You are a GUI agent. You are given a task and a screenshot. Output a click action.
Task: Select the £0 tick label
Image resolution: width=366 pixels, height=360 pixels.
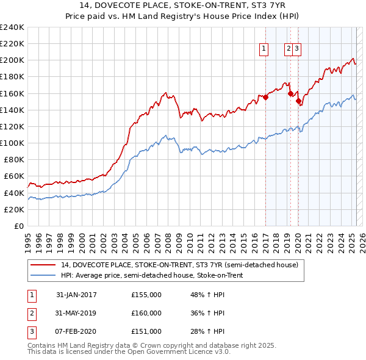[18, 226]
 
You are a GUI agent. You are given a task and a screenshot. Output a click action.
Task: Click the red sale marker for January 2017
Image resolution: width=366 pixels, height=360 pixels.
[266, 97]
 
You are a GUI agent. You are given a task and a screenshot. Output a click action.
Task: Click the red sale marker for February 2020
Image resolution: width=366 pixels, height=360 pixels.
[299, 101]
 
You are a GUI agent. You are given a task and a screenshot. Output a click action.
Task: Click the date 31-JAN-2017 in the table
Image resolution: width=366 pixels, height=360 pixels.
[76, 295]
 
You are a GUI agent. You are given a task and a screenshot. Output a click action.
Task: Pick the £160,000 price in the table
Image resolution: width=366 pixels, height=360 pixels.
[146, 313]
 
